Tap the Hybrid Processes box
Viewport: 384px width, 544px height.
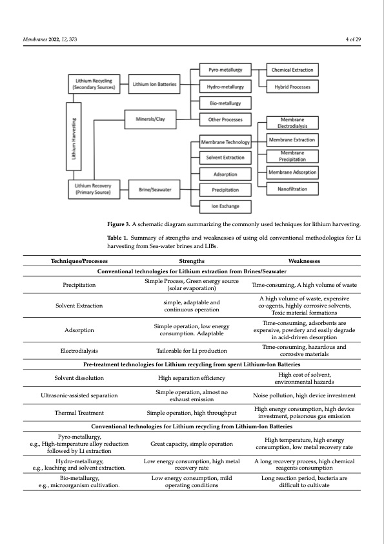pos(292,87)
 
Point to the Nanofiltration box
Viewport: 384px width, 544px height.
pos(292,189)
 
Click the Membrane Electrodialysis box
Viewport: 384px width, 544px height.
pos(292,123)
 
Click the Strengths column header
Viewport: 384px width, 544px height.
pos(192,260)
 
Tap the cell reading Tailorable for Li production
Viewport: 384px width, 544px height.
pos(192,351)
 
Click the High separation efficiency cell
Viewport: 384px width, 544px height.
pos(192,377)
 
